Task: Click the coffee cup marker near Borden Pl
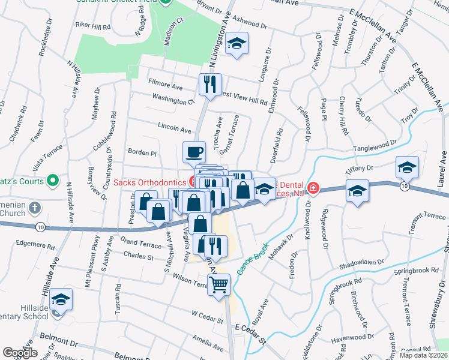click(x=194, y=152)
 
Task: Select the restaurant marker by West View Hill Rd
click(x=210, y=83)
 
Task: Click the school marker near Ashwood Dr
click(x=238, y=44)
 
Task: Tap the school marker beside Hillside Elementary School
click(x=61, y=298)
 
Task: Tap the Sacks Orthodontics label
click(x=150, y=182)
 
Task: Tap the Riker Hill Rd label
click(x=93, y=26)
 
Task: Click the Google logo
click(x=20, y=353)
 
